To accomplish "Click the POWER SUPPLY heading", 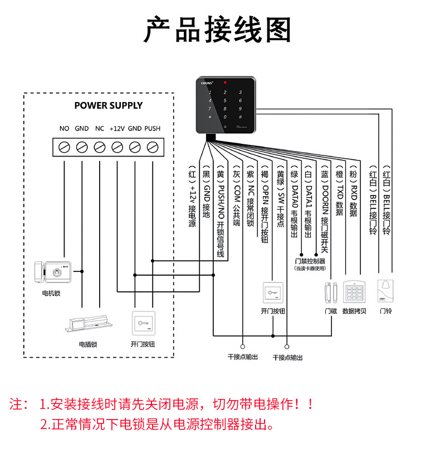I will point(109,105).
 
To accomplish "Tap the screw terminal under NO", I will point(64,147).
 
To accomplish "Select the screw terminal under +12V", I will point(117,147).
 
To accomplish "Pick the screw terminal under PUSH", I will point(152,147).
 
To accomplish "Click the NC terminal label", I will point(100,129).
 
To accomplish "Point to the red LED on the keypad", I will point(225,82).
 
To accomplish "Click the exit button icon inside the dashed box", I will point(143,323).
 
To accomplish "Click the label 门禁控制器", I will point(310,261).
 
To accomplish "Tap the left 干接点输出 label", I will point(243,357).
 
